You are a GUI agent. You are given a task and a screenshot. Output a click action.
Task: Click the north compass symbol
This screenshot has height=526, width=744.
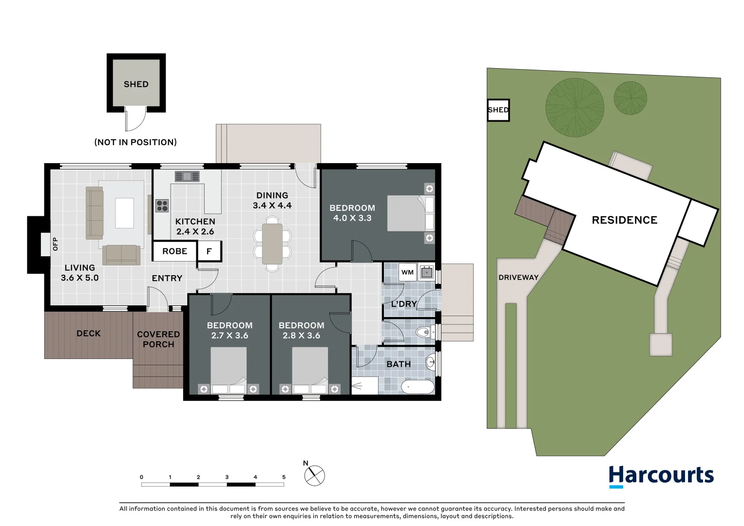click(314, 475)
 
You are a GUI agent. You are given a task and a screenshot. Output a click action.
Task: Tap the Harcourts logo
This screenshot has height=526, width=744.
click(661, 476)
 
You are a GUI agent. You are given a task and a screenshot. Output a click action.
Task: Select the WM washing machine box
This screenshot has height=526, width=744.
click(407, 272)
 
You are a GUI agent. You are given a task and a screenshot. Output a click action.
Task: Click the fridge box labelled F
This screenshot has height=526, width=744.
click(209, 251)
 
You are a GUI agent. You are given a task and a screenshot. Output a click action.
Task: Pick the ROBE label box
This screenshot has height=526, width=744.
click(174, 251)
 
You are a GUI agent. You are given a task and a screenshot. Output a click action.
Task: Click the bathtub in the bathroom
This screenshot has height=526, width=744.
click(418, 387)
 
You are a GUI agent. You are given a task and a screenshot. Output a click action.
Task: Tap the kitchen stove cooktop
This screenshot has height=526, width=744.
click(162, 206)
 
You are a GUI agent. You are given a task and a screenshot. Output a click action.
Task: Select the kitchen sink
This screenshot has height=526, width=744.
click(187, 176)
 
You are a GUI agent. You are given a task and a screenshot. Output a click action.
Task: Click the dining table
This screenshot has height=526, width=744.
click(272, 244)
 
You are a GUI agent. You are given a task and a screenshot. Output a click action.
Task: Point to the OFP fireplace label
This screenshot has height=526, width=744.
click(55, 244)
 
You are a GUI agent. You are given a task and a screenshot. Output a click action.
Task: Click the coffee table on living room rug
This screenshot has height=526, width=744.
click(124, 213)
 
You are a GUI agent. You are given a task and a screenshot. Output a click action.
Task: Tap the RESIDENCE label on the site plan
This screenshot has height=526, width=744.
click(624, 220)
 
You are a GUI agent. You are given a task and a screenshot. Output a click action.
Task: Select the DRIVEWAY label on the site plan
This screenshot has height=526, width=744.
click(518, 278)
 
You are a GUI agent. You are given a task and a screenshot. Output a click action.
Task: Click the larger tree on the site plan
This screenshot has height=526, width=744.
click(574, 107)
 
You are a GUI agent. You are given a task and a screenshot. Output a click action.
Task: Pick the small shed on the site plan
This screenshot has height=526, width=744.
click(498, 110)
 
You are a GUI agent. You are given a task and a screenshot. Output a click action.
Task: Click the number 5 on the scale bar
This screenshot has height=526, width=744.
click(284, 477)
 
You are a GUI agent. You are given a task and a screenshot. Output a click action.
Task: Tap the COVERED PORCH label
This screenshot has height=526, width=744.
click(158, 339)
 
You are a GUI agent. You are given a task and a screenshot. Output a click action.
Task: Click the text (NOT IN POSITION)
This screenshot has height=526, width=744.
click(135, 142)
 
